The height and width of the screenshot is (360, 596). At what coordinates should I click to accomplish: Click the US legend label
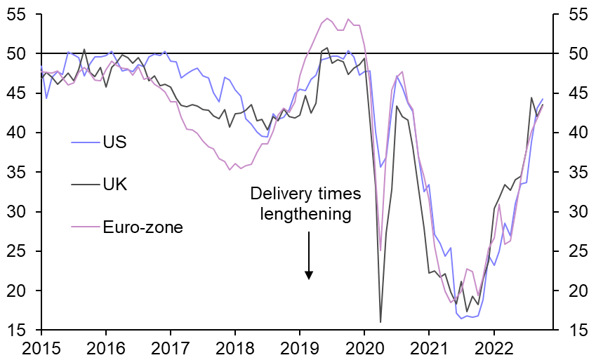(115, 142)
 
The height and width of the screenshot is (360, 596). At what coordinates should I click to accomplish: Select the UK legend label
(116, 185)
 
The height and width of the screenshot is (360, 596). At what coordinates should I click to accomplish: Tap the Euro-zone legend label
(143, 227)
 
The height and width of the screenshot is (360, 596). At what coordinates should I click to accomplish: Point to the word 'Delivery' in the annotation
(277, 194)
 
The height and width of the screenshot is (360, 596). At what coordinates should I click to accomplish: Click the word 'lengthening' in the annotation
(305, 214)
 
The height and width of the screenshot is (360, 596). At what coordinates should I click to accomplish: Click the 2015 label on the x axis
(41, 347)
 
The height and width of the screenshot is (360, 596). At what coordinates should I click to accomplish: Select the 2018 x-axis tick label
(235, 347)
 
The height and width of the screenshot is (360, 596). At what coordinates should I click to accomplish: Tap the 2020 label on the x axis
(364, 347)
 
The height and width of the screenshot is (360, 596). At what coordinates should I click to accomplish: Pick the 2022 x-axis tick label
(494, 347)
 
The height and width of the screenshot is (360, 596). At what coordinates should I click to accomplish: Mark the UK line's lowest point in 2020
(380, 322)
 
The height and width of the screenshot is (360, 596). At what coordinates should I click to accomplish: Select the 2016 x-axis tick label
(106, 347)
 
